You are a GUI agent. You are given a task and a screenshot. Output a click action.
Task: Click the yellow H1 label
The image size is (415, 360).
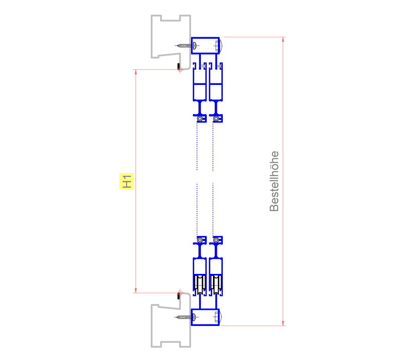click(126, 181)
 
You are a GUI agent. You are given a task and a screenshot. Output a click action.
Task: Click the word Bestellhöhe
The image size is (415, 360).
click(274, 181)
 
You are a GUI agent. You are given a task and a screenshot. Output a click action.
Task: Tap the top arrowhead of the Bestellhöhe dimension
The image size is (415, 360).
click(283, 40)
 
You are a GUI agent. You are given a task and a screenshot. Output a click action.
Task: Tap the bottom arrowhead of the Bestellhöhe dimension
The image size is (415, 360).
click(283, 323)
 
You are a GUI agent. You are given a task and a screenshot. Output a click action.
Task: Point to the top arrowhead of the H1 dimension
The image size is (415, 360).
click(136, 72)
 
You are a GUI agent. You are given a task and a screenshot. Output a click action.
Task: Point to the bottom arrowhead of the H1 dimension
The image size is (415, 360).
click(136, 290)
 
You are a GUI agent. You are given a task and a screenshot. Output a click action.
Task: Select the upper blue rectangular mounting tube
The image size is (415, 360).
click(206, 45)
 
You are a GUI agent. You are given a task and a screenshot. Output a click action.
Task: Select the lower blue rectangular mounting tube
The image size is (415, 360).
click(206, 317)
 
